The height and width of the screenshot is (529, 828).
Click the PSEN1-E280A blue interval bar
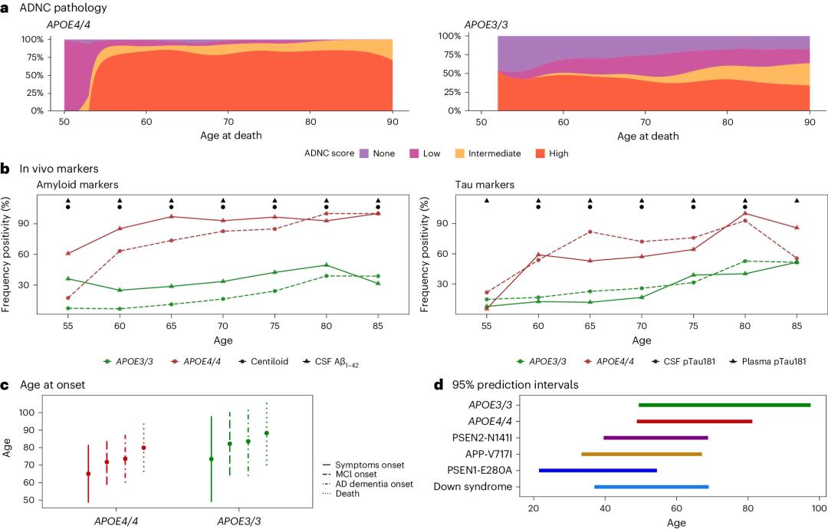coord(598,470)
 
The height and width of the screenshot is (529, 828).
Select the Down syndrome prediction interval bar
coord(651,487)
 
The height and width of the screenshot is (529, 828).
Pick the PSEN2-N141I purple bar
coord(655,438)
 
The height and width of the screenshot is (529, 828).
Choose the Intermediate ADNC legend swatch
coord(455,153)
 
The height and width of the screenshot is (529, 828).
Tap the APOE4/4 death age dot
coord(143,448)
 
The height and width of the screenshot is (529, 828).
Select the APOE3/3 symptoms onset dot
coord(212,459)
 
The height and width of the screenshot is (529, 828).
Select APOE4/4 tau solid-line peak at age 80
coord(744,214)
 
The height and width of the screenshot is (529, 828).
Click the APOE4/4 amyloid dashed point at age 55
coord(68,298)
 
